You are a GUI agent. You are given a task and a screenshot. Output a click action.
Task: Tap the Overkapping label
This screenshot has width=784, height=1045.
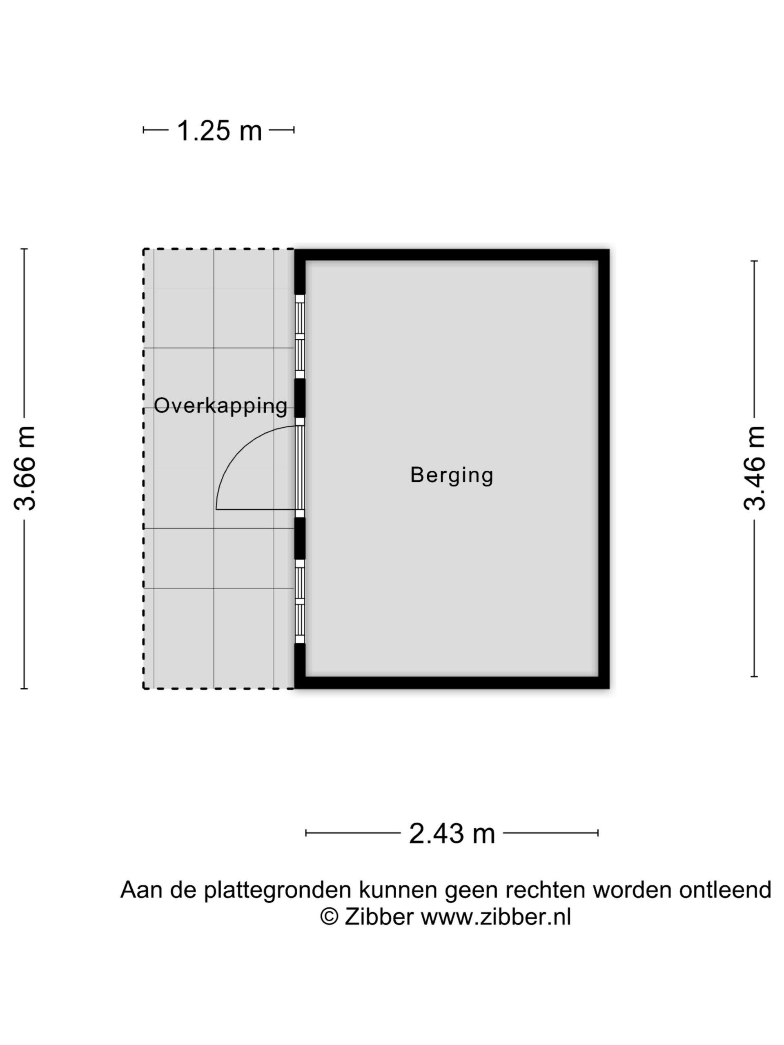pyautogui.click(x=220, y=406)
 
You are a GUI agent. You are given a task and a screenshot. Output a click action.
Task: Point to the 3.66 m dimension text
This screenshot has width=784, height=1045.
pyautogui.click(x=24, y=468)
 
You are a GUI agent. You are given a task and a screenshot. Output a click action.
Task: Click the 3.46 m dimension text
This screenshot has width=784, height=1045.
pyautogui.click(x=754, y=468)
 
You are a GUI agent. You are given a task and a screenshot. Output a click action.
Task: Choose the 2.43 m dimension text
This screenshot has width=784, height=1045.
pyautogui.click(x=451, y=834)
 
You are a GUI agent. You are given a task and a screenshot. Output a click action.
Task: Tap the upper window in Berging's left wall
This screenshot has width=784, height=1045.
pyautogui.click(x=300, y=337)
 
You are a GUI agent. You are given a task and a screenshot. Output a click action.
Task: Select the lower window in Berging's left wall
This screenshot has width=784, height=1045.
pyautogui.click(x=300, y=601)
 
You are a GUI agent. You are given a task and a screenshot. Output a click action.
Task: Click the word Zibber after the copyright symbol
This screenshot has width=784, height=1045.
pyautogui.click(x=379, y=918)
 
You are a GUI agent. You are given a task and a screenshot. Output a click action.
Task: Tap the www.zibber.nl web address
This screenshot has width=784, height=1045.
pyautogui.click(x=496, y=918)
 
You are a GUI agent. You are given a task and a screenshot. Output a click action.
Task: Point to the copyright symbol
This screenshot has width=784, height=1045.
pyautogui.click(x=330, y=918)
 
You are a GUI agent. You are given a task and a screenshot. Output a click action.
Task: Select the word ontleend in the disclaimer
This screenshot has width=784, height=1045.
pyautogui.click(x=725, y=890)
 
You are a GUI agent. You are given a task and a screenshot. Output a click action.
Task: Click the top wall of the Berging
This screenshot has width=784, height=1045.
pyautogui.click(x=451, y=255)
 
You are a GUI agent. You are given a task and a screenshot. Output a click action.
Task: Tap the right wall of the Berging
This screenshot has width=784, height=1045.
pyautogui.click(x=604, y=468)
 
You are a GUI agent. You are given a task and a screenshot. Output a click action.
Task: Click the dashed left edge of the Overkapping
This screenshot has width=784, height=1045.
pyautogui.click(x=144, y=468)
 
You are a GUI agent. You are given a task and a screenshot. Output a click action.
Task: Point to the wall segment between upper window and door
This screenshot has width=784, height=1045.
pyautogui.click(x=300, y=398)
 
